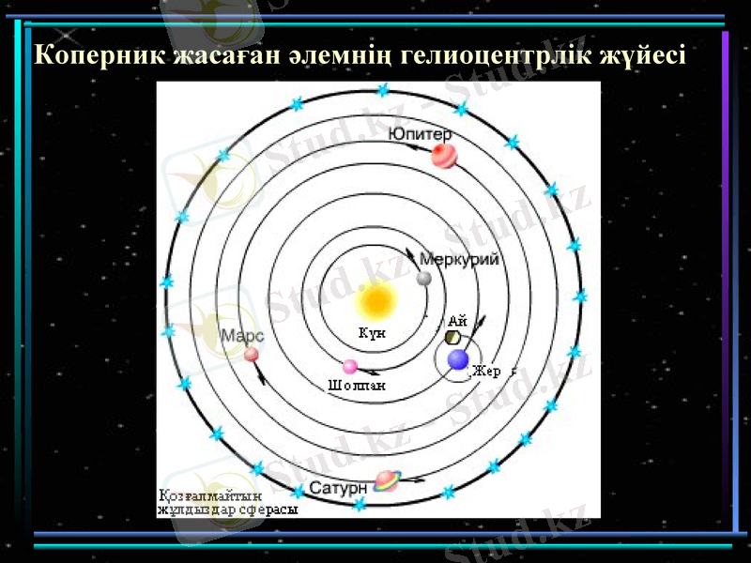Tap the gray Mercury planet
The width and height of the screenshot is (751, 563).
coord(424,279)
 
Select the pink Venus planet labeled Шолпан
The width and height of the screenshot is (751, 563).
coord(350,366)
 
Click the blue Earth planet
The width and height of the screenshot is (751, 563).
coord(458,359)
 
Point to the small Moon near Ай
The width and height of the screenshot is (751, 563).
coord(452,336)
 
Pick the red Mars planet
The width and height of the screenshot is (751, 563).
coord(252,354)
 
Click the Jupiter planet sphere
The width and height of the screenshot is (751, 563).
coord(443,155)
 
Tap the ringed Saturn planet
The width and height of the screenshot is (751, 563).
coord(386,481)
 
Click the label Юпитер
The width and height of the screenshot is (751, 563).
coord(419,134)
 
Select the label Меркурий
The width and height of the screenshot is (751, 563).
coord(459,259)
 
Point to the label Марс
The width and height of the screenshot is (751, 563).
coord(241,335)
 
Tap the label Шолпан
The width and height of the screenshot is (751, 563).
coord(357,385)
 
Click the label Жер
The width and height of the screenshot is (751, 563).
coord(486,372)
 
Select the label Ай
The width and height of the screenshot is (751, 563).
coord(457,320)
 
